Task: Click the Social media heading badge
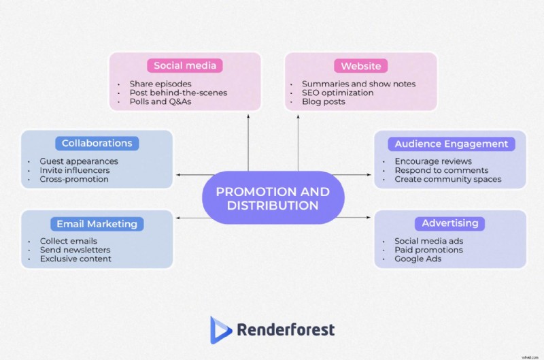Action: pos(185,66)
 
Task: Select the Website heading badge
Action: pos(360,66)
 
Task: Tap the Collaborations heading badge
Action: pos(97,144)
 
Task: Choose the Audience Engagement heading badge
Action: pos(452,144)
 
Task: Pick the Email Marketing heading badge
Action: pos(97,224)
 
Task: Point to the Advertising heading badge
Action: pos(449,223)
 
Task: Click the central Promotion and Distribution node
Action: pos(273,198)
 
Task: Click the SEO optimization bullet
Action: pos(338,93)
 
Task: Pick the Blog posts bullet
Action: pos(324,102)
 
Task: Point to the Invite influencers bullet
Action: pos(75,171)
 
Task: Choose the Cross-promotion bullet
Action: pos(74,180)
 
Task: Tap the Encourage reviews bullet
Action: pos(433,162)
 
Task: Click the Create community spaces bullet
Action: pos(448,180)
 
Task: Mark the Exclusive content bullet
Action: pos(75,259)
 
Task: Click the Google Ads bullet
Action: pos(418,259)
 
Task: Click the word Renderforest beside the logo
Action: pos(286,331)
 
